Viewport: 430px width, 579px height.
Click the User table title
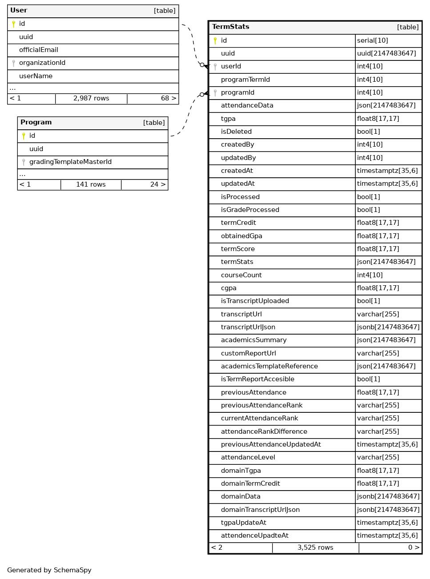coord(19,11)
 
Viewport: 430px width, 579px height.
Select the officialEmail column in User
coord(39,50)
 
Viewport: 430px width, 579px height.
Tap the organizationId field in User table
coord(42,63)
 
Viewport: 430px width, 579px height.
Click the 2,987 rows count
coord(91,99)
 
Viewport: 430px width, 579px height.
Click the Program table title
coord(36,123)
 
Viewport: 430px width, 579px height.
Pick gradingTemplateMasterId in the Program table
coord(70,162)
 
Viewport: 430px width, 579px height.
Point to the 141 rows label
coord(91,185)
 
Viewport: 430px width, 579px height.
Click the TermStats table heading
coord(230,27)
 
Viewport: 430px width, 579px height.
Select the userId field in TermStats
coord(231,67)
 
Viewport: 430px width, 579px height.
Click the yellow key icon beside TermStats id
coord(215,41)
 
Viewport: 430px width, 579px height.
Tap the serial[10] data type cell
coord(373,41)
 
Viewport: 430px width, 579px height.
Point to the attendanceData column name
coord(247,106)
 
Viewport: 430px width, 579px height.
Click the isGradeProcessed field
coord(250,210)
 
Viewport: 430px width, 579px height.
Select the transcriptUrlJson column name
coord(248,327)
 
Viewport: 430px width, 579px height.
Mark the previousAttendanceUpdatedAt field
coord(271,445)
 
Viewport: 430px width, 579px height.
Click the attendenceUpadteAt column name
coord(254,536)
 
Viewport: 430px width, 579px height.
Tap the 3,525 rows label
coord(315,548)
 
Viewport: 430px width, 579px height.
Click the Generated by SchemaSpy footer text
coord(49,571)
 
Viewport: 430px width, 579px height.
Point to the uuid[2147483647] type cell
coord(386,54)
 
